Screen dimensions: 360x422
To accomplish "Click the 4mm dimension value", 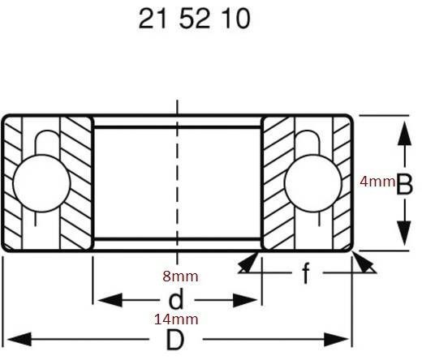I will [377, 182].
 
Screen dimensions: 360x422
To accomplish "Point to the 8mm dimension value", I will [179, 276].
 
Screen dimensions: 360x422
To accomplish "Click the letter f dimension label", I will [305, 275].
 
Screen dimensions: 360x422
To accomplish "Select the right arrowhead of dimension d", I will [247, 300].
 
